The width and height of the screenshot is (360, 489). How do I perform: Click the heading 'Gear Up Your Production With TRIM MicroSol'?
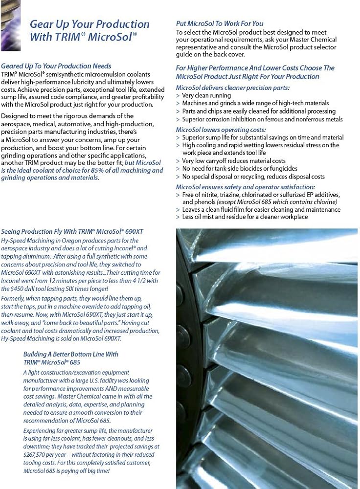(90, 30)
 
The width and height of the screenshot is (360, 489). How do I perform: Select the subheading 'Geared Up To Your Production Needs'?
(56, 66)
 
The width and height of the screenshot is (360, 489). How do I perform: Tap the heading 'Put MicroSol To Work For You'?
(220, 23)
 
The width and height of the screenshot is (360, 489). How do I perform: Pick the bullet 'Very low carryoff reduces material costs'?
(234, 161)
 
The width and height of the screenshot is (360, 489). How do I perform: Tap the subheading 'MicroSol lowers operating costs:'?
(221, 130)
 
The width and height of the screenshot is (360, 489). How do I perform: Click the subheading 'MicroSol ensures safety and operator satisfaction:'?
(246, 187)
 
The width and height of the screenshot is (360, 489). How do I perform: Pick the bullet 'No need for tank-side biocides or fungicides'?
(239, 169)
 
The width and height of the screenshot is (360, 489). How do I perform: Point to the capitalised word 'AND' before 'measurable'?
(110, 388)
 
